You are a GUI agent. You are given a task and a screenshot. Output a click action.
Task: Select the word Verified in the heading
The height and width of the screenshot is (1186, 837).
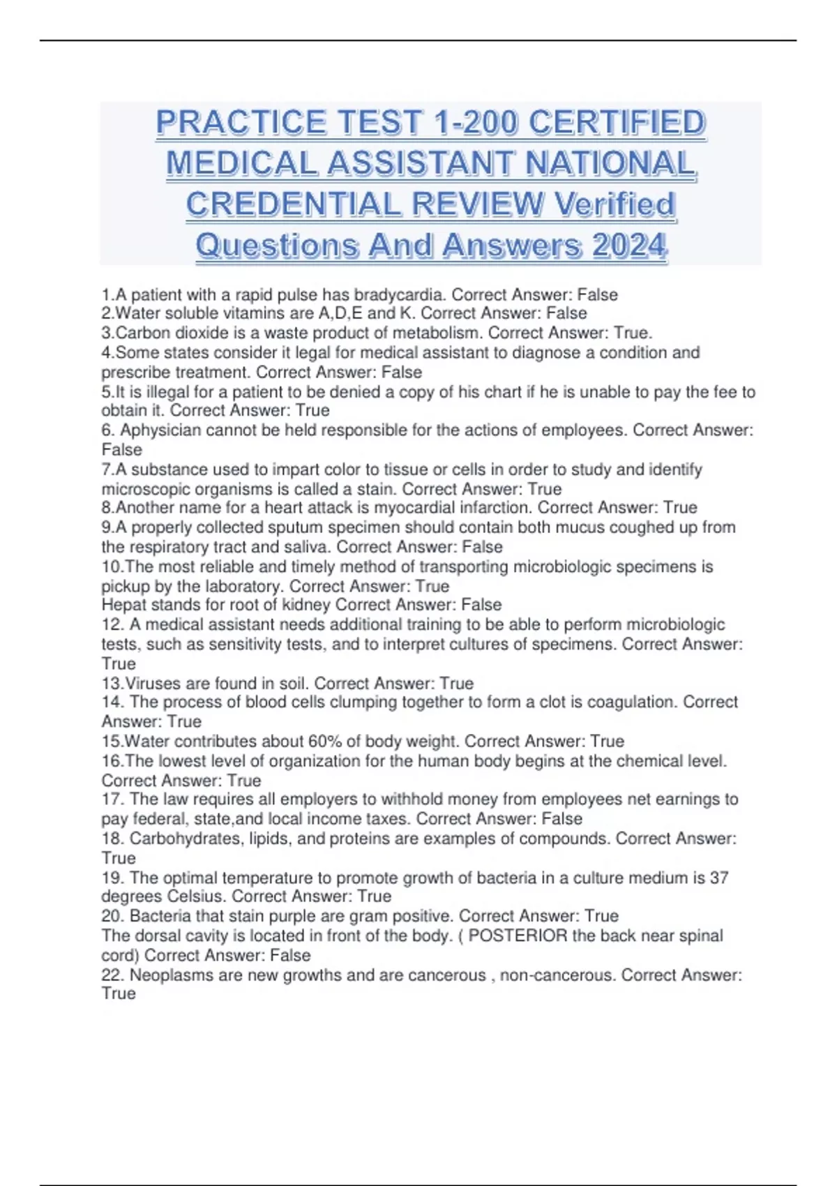coord(614,204)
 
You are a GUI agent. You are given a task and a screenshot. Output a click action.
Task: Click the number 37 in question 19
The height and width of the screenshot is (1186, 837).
coord(718,878)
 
